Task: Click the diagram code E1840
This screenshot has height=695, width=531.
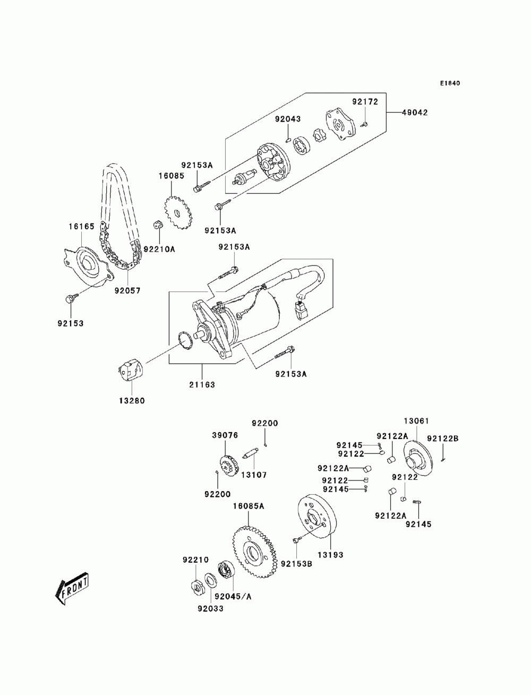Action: click(449, 83)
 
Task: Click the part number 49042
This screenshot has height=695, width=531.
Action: click(415, 113)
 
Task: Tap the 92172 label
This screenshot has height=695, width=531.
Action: click(365, 101)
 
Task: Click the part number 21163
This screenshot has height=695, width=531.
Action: click(202, 385)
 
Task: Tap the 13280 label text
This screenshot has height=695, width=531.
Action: click(132, 401)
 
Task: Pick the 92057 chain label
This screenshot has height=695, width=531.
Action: click(127, 290)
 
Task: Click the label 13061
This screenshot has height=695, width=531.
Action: click(416, 421)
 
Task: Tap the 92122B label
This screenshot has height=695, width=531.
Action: click(443, 439)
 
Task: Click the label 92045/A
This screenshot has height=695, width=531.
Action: click(233, 597)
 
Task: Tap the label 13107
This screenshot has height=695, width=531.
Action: click(254, 475)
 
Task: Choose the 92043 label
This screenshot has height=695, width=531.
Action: click(287, 119)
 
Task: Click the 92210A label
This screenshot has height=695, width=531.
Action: click(159, 249)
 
